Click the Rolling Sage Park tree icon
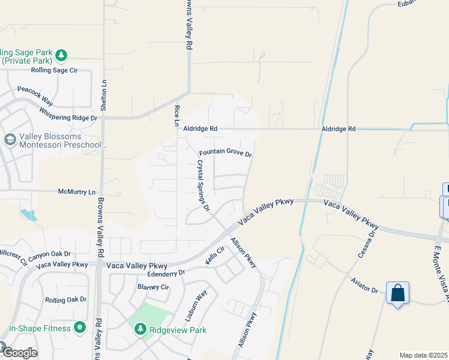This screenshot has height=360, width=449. [61, 56]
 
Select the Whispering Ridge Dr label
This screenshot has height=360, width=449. [68, 113]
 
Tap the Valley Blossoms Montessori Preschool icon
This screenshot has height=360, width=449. [10, 140]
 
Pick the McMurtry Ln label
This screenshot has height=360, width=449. [76, 192]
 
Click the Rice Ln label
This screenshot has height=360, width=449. [176, 115]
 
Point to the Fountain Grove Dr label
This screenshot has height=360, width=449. [225, 153]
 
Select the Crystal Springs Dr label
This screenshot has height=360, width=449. [203, 185]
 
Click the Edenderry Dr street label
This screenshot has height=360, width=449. [166, 272]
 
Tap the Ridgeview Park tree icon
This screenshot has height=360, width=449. [140, 329]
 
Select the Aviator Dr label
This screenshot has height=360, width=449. [366, 290]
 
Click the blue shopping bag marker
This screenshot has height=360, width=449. [397, 294]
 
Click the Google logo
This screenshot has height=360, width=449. [20, 353]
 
